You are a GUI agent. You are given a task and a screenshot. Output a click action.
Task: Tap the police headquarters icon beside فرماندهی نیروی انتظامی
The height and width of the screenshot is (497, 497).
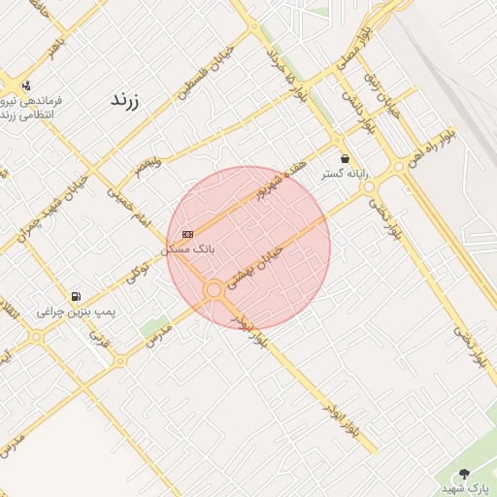25,85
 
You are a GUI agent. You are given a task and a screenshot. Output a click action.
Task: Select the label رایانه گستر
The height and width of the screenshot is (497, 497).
346,175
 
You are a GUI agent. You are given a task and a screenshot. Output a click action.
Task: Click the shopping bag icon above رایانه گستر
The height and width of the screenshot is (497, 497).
346,158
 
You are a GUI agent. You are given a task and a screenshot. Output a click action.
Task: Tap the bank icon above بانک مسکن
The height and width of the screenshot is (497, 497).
187,234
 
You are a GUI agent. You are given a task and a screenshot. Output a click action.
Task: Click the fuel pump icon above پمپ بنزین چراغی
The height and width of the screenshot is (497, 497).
76,296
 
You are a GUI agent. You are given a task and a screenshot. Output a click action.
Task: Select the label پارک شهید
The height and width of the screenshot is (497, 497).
467,488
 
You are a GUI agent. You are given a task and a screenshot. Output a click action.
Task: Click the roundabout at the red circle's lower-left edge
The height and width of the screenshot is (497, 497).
214,289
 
